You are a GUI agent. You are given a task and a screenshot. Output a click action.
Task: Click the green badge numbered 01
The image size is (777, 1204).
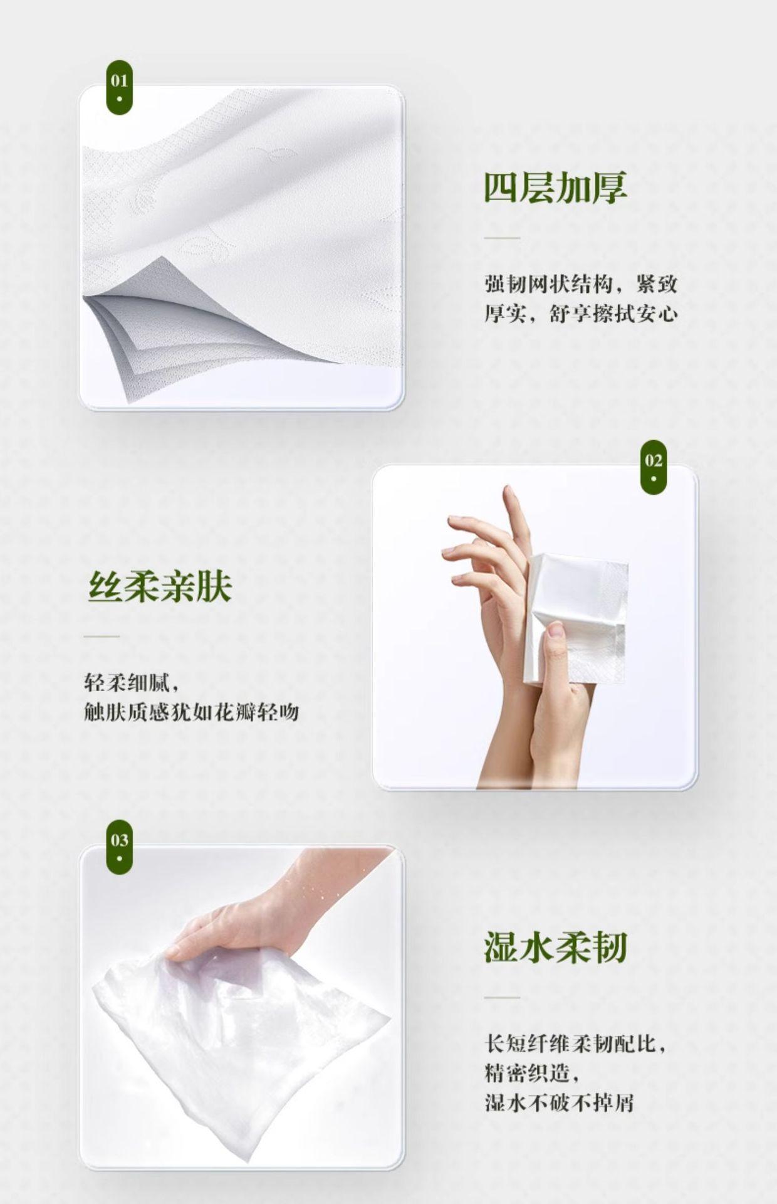[119, 87]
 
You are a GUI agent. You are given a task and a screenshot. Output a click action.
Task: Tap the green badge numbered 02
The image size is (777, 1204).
[654, 467]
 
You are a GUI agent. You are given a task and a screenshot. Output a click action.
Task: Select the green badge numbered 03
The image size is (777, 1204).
[119, 847]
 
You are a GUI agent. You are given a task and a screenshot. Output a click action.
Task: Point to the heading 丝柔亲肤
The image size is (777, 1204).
[160, 586]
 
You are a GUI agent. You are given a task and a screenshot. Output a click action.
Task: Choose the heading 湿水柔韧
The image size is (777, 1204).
[555, 947]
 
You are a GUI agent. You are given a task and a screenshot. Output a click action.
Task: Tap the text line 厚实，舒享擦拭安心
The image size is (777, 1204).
[581, 313]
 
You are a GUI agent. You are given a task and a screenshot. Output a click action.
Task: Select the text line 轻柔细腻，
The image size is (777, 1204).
[132, 682]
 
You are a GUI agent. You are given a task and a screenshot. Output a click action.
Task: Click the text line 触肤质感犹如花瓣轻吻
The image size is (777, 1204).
[191, 712]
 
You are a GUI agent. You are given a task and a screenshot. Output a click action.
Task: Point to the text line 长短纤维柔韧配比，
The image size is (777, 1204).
[575, 1044]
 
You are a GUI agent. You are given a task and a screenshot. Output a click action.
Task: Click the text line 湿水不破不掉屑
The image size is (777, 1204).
[559, 1102]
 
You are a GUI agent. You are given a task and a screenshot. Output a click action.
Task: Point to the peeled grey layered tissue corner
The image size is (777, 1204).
[207, 332]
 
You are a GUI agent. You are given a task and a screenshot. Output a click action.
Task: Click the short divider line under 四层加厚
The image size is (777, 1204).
[502, 238]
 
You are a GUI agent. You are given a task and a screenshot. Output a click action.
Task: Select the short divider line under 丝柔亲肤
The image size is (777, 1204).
[102, 636]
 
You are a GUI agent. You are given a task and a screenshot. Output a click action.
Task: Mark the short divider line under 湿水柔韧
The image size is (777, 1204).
[502, 997]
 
